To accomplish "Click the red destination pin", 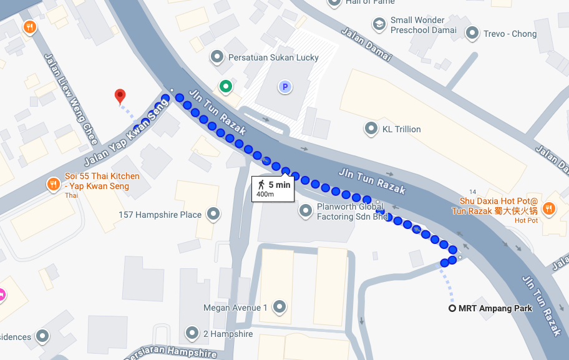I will [120, 95].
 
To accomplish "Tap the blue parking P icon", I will [285, 87].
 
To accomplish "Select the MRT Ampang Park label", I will [495, 308].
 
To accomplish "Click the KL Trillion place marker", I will [372, 129].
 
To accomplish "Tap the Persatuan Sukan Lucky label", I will [273, 57].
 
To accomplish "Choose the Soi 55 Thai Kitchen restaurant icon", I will [54, 184].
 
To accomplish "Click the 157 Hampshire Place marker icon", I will [213, 214].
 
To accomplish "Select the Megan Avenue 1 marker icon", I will [279, 307].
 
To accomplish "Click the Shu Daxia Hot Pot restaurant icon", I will [549, 208].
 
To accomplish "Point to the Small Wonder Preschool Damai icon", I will [379, 24].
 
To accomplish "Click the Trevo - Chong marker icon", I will [472, 34].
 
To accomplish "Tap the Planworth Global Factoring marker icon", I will [306, 211].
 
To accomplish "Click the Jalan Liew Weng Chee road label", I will [71, 99].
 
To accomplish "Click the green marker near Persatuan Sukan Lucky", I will [225, 86].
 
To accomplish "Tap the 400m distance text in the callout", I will [265, 195].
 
